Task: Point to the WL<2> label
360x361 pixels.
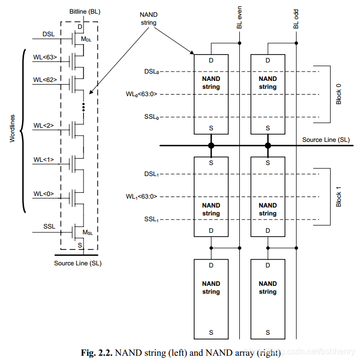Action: (44, 126)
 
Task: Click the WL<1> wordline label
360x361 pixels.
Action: (44, 159)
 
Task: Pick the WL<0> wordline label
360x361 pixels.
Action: (44, 193)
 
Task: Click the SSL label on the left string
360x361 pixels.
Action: (49, 225)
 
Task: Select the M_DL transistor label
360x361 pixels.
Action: (86, 38)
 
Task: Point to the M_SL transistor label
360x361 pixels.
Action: (87, 233)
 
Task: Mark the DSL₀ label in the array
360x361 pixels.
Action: (151, 71)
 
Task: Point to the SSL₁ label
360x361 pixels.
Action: (151, 219)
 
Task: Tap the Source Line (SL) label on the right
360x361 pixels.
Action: (326, 139)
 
